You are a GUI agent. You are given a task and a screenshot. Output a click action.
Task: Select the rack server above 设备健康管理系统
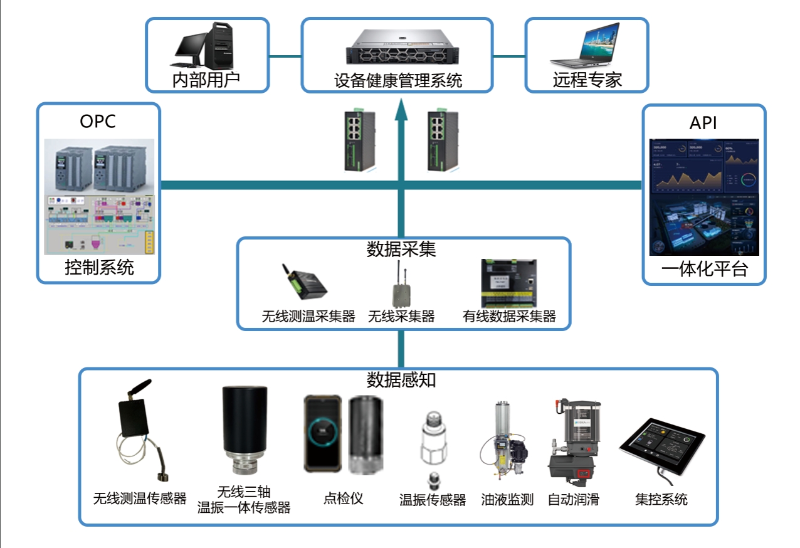(x=397, y=47)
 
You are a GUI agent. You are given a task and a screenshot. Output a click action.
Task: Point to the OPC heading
(x=98, y=121)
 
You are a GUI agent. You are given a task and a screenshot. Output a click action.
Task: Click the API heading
(x=703, y=124)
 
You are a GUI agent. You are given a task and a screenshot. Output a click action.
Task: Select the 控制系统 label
(x=99, y=268)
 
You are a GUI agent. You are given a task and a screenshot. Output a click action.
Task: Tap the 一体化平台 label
(x=704, y=270)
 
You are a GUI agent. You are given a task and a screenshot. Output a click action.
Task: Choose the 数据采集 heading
(x=401, y=250)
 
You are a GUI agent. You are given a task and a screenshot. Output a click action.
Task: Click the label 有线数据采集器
(x=509, y=316)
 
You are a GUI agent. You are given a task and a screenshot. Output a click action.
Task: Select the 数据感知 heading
(x=401, y=380)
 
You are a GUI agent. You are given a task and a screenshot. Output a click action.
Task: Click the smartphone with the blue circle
(x=322, y=433)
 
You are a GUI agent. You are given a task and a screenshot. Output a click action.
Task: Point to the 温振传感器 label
(x=433, y=500)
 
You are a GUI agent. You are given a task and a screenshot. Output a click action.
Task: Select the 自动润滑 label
(x=573, y=499)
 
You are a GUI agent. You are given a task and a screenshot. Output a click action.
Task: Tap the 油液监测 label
(x=507, y=499)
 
